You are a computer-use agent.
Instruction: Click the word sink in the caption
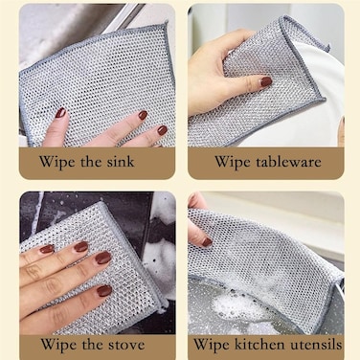(x=121, y=162)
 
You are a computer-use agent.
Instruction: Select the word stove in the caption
(x=126, y=345)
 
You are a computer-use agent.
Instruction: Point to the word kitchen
(x=259, y=345)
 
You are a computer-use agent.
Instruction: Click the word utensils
(x=316, y=345)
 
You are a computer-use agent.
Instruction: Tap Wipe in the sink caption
(x=57, y=162)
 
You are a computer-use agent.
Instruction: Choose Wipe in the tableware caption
(x=233, y=162)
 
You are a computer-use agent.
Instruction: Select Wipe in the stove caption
(x=59, y=345)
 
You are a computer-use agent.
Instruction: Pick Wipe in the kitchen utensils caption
(x=212, y=345)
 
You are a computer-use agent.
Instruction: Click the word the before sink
(x=91, y=162)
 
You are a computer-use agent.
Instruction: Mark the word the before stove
(x=93, y=345)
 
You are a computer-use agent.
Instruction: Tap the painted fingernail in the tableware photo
(x=266, y=81)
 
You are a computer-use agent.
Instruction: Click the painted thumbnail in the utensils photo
(x=207, y=242)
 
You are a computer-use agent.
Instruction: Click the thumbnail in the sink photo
(x=60, y=113)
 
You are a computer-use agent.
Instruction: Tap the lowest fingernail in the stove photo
(x=104, y=291)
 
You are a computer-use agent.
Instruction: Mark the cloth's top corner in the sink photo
(x=166, y=23)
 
